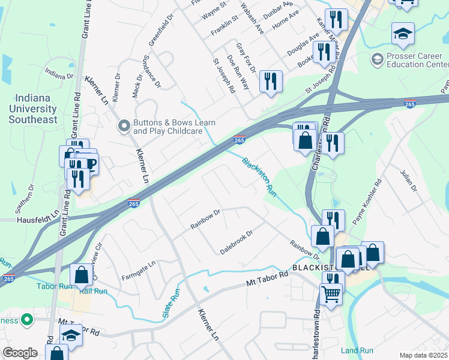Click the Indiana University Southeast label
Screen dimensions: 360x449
pos(33,108)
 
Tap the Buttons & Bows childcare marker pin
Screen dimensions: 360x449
pos(124,125)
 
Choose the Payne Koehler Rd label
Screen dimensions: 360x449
pos(367,202)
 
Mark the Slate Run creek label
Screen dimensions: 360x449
pos(171,304)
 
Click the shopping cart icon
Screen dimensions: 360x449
pos(331,295)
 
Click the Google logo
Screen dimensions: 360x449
pos(20,353)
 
